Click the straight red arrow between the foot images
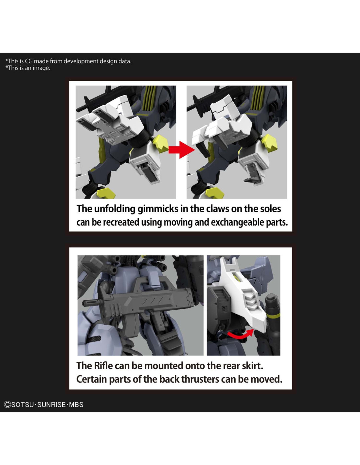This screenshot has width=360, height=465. point(182,149)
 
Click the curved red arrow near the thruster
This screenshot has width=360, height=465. point(240,335)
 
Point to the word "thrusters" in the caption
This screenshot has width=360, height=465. point(200,379)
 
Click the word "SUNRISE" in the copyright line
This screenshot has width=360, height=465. point(51,405)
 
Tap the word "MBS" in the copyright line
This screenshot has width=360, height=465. point(76,405)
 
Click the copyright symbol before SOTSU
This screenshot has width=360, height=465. point(8,405)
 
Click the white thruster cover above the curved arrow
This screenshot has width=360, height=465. point(244,295)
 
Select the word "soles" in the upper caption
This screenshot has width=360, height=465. point(270,209)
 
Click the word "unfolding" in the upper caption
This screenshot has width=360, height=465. point(115,209)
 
